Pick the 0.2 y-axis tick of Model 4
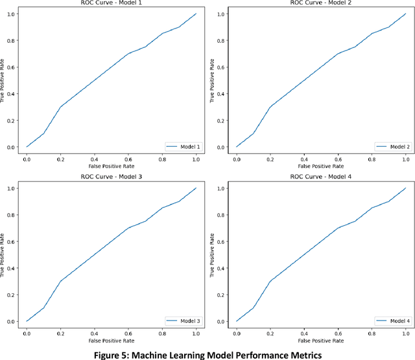221,294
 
